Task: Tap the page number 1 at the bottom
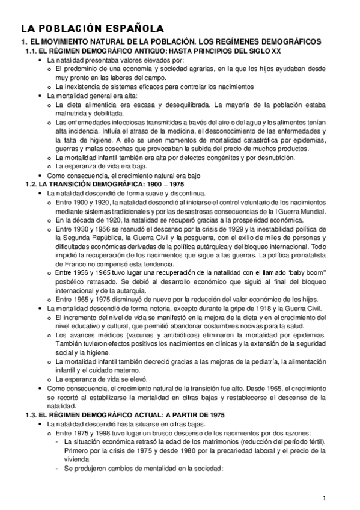324,497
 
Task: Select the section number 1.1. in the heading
32,52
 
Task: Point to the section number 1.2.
32,184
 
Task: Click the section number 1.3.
32,416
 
